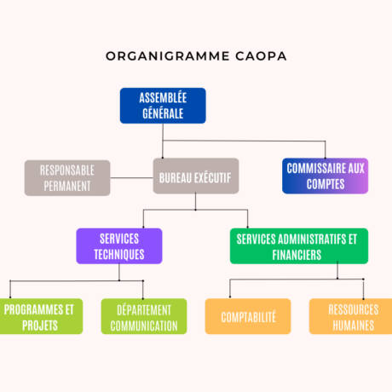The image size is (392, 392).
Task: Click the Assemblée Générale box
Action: [x=163, y=106]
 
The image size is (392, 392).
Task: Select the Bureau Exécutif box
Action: [x=196, y=176]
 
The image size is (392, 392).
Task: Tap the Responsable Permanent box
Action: [x=67, y=178]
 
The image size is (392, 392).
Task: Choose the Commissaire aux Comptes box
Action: [x=326, y=176]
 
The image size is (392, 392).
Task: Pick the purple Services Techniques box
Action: [x=119, y=246]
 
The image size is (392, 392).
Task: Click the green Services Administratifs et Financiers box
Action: [x=299, y=246]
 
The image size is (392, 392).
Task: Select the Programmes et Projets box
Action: [x=41, y=316]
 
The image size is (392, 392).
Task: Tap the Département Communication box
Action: [x=144, y=316]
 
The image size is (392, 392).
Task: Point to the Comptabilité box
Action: [x=248, y=316]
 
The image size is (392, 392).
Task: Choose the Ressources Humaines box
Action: [x=351, y=316]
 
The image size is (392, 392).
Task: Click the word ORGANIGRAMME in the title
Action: [x=168, y=56]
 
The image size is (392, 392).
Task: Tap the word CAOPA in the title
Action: [x=261, y=56]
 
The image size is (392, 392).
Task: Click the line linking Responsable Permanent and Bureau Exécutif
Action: [x=131, y=178]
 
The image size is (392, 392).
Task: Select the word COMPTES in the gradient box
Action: [x=326, y=184]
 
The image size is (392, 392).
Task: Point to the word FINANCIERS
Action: [x=297, y=255]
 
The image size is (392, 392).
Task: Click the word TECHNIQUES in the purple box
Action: [x=119, y=254]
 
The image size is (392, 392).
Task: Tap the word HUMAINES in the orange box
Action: [x=354, y=326]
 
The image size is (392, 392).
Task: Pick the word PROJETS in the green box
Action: [x=40, y=326]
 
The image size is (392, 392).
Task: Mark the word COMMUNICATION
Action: [x=144, y=326]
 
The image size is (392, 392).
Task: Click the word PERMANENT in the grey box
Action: [x=67, y=186]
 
